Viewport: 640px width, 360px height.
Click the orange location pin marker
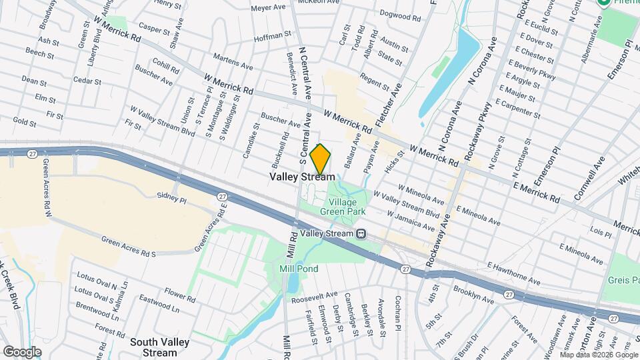coord(321,160)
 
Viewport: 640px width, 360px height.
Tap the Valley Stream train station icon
coord(361,233)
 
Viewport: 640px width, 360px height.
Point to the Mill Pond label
coord(298,269)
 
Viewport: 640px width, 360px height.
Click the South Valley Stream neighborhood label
coord(160,347)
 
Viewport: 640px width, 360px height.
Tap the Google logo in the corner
coord(22,352)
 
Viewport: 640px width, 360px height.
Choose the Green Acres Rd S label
coord(129,245)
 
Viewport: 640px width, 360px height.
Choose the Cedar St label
coord(87,82)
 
